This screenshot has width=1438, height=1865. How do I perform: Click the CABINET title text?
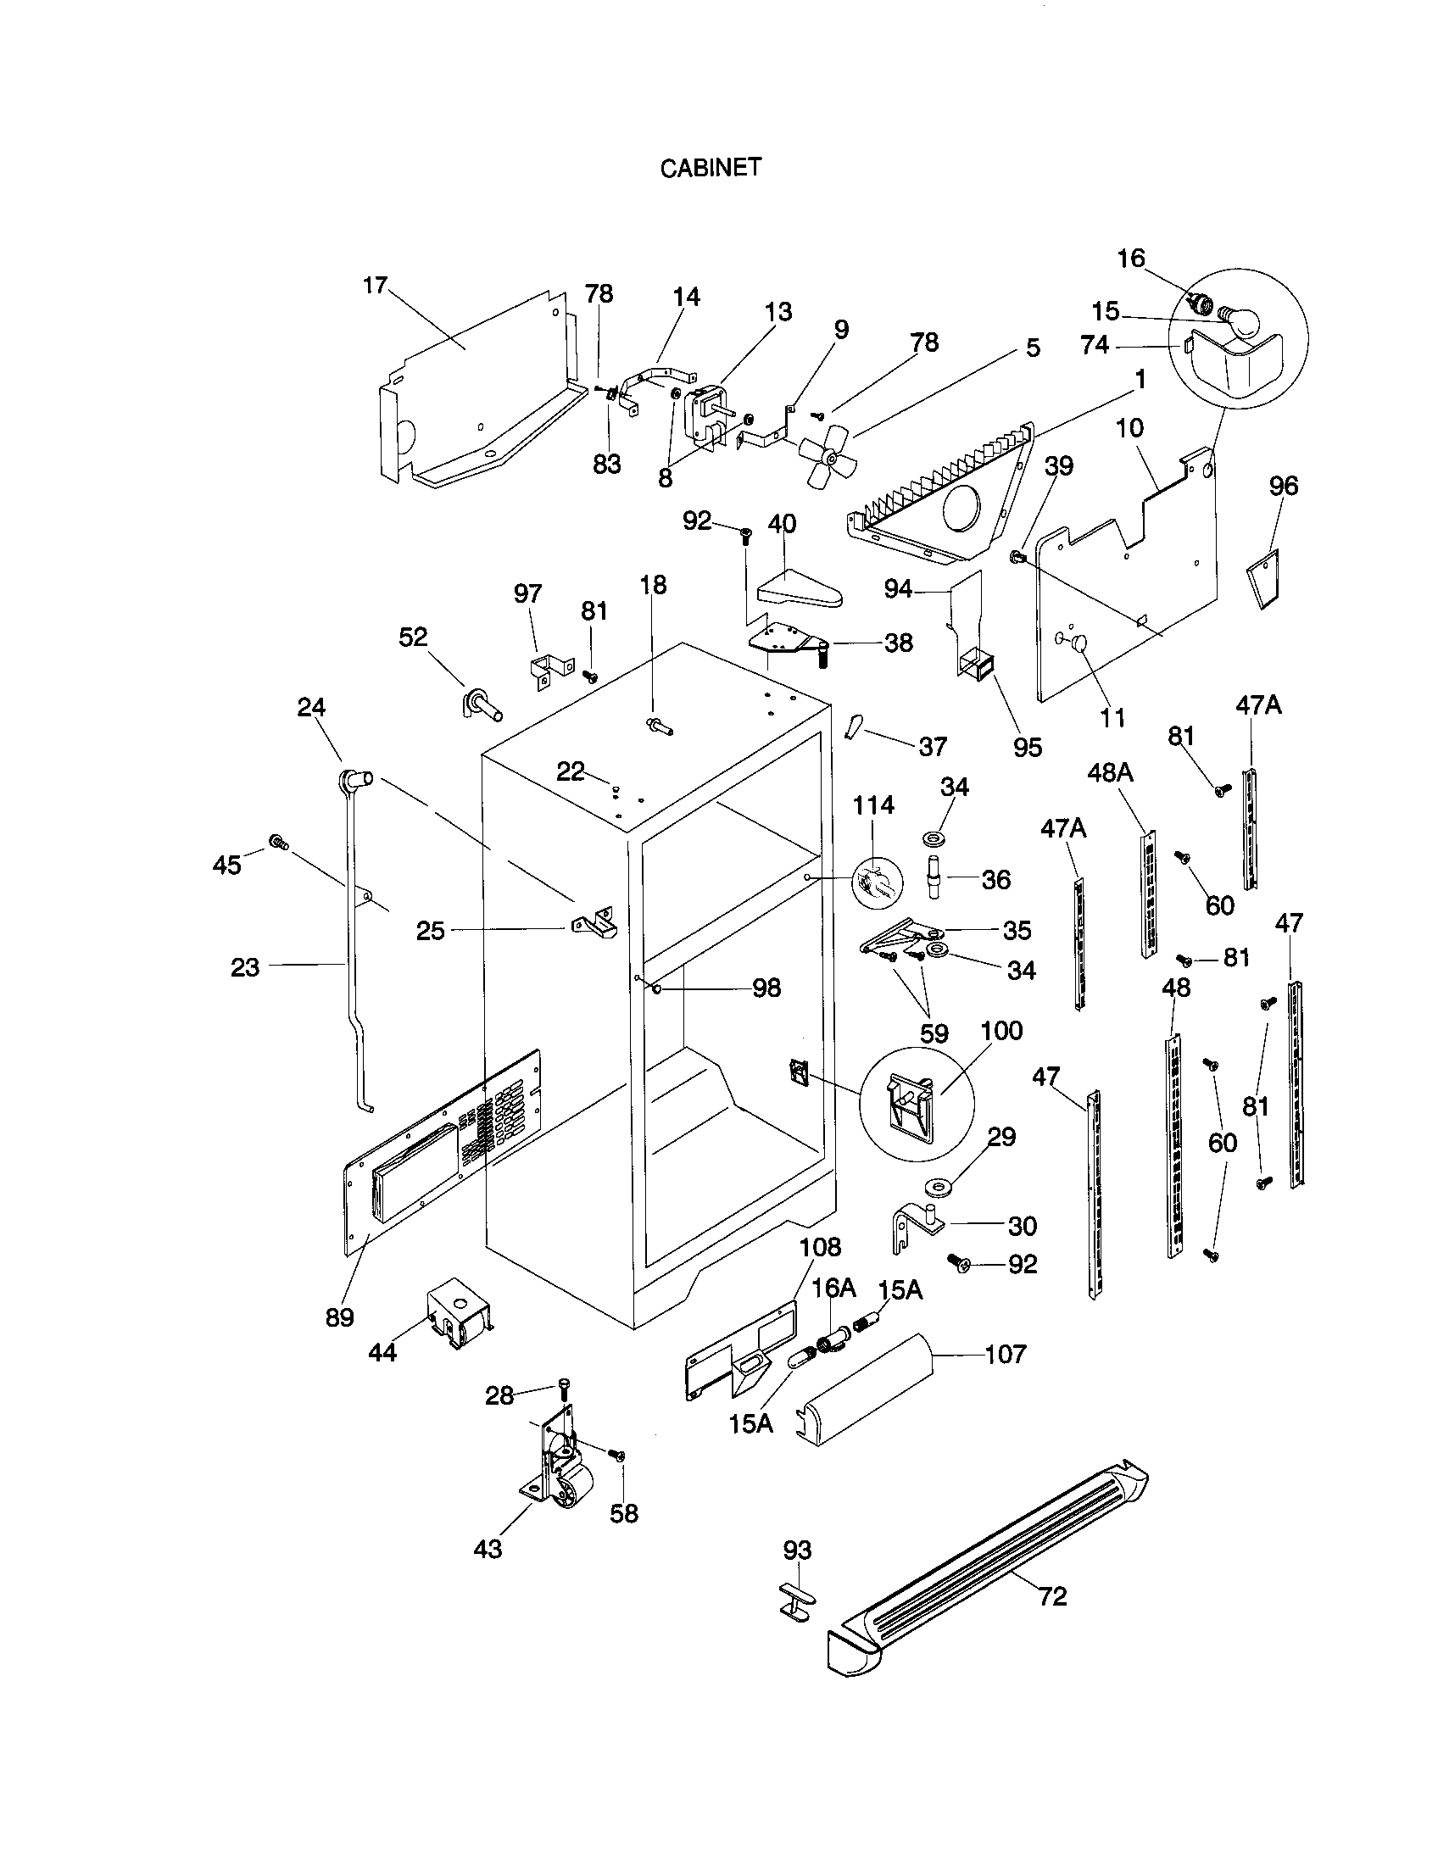click(710, 168)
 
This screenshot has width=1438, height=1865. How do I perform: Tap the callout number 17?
click(376, 285)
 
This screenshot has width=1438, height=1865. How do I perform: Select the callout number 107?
click(1005, 1355)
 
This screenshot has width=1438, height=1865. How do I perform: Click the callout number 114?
click(873, 804)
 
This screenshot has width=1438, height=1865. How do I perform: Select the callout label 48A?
click(1110, 773)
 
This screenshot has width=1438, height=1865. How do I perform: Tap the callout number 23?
click(245, 967)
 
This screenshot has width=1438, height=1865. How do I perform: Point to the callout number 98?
click(766, 988)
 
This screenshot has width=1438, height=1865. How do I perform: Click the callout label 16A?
click(833, 1288)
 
